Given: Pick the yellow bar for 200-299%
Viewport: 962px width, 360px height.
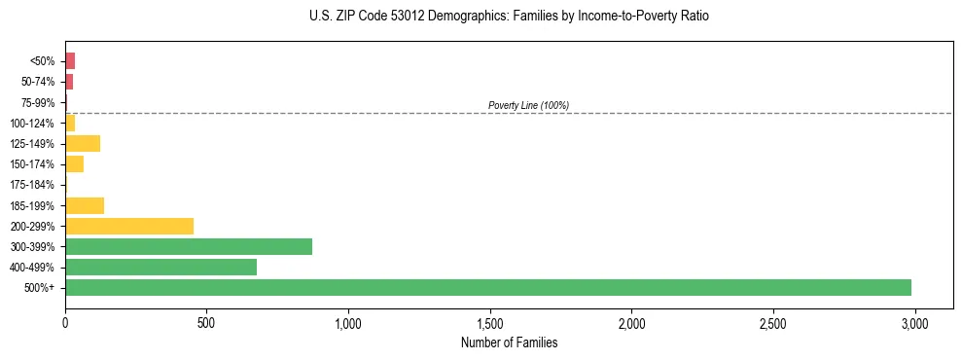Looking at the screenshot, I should (x=129, y=226).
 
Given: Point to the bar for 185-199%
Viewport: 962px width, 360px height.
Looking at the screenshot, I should (x=85, y=205).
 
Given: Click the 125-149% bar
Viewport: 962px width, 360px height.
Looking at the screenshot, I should (x=83, y=143).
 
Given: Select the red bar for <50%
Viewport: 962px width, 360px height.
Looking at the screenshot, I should (x=70, y=60).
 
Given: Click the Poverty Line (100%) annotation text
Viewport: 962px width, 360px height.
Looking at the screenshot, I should (x=528, y=105).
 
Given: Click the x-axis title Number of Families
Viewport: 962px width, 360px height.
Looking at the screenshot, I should (x=509, y=342).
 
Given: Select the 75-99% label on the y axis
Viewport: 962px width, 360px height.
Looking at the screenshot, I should (x=38, y=102).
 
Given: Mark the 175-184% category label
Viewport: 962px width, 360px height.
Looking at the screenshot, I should (x=34, y=185).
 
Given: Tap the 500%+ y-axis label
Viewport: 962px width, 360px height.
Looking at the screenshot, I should (x=41, y=288).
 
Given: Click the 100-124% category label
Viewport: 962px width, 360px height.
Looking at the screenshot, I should (x=34, y=123).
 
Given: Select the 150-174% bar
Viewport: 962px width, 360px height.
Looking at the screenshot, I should (x=74, y=163).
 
